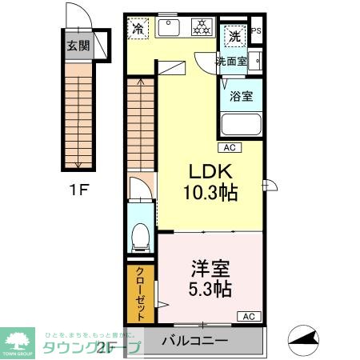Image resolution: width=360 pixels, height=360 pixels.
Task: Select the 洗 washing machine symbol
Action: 234,36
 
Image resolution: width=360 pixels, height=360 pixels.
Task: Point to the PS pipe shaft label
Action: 256,32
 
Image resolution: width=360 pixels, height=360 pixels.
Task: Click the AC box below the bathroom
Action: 229,147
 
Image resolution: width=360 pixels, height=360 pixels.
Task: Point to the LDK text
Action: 210,171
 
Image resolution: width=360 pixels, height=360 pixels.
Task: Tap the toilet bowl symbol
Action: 141,234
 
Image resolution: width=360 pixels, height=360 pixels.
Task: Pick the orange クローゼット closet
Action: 140,294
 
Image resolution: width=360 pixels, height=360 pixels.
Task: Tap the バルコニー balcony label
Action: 194,341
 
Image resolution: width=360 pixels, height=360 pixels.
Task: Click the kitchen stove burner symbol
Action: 201,29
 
